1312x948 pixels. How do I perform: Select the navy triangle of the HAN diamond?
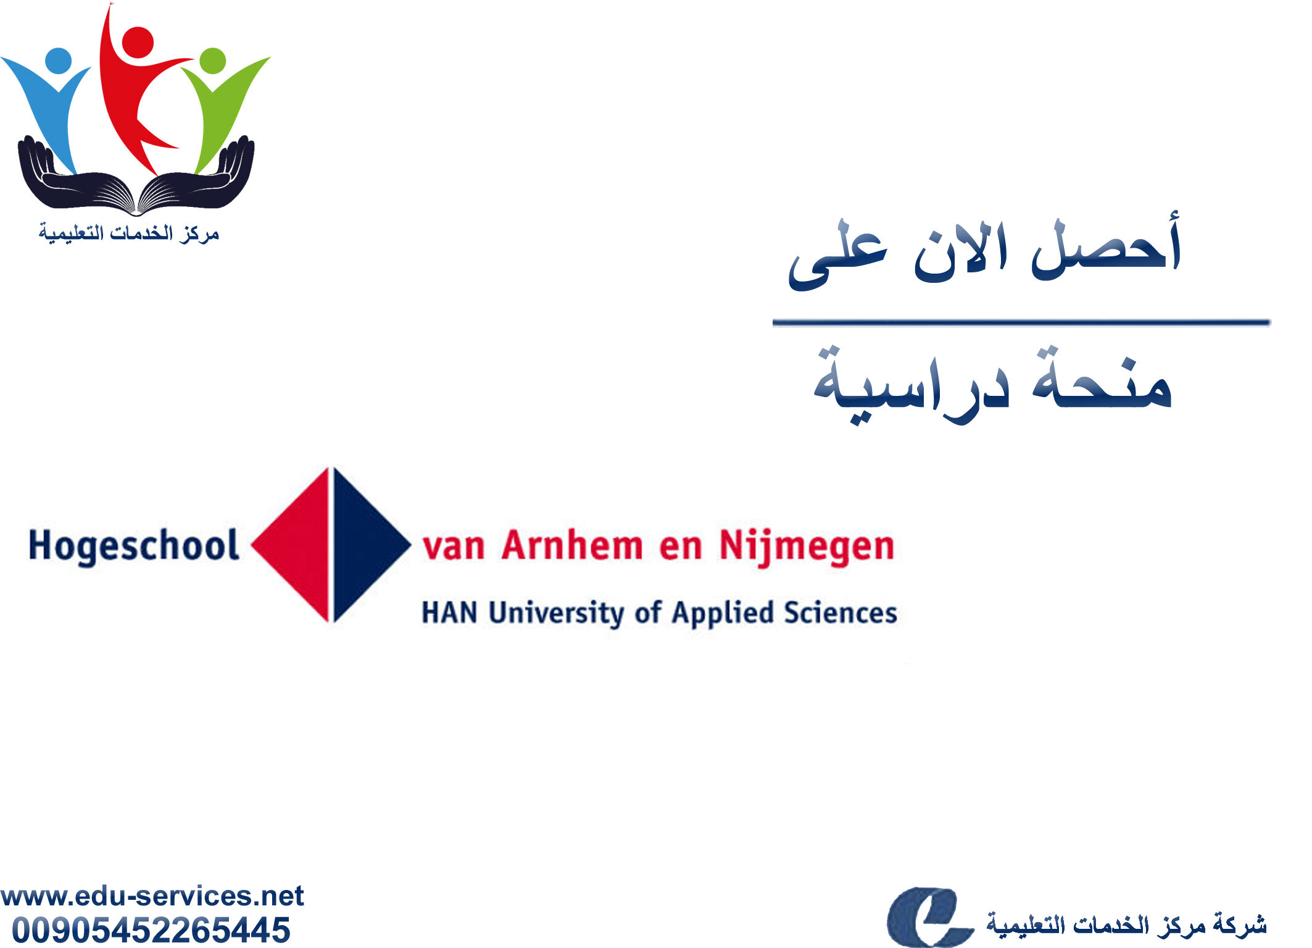tap(364, 545)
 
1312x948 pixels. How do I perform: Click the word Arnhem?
tap(572, 546)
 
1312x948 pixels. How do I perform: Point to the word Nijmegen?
tap(807, 548)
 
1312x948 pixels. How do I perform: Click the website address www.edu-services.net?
tap(152, 896)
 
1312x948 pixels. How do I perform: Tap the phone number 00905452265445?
tap(151, 930)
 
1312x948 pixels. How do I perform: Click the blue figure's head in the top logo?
tap(59, 61)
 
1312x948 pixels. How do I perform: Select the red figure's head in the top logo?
tap(138, 43)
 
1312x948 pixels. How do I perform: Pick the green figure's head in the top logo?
tap(213, 61)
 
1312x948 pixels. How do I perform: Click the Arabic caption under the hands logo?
tap(129, 233)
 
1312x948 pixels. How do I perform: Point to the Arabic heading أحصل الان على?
tap(984, 250)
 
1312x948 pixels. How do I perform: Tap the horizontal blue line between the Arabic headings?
tap(1021, 322)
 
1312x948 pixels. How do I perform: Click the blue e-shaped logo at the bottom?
tap(929, 917)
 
